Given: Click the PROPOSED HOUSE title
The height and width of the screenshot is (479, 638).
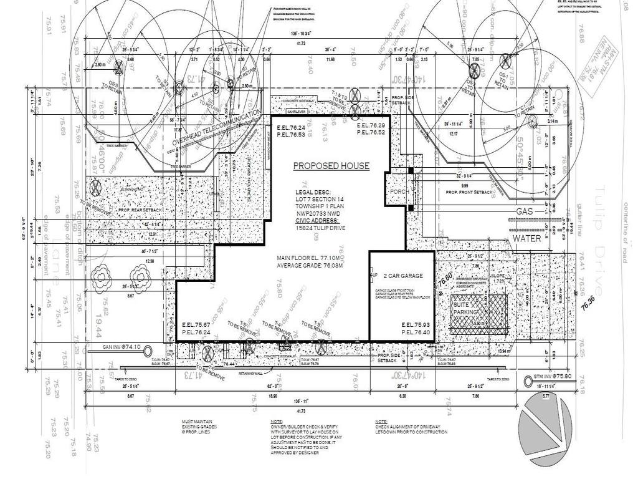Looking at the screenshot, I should pos(331,166).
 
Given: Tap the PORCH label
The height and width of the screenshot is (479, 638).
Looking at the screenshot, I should pos(399,192).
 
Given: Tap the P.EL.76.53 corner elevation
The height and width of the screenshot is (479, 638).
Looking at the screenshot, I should pos(291,135).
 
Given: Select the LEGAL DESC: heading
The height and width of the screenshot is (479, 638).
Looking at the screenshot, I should pos(313,192).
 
